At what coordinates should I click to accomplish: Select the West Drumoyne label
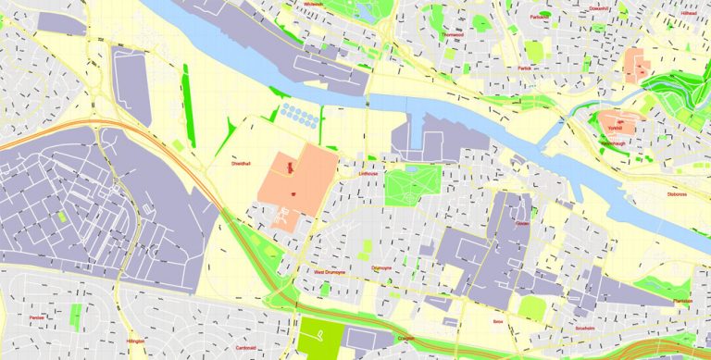(x=329, y=272)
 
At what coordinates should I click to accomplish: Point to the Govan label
(x=522, y=223)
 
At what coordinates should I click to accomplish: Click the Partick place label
(x=528, y=67)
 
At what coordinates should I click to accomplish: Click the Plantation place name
(x=683, y=300)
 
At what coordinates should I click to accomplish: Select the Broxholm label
(x=585, y=328)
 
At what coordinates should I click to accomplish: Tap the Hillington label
(x=136, y=341)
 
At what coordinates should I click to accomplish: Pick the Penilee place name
(x=37, y=317)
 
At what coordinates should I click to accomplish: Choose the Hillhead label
(x=688, y=14)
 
